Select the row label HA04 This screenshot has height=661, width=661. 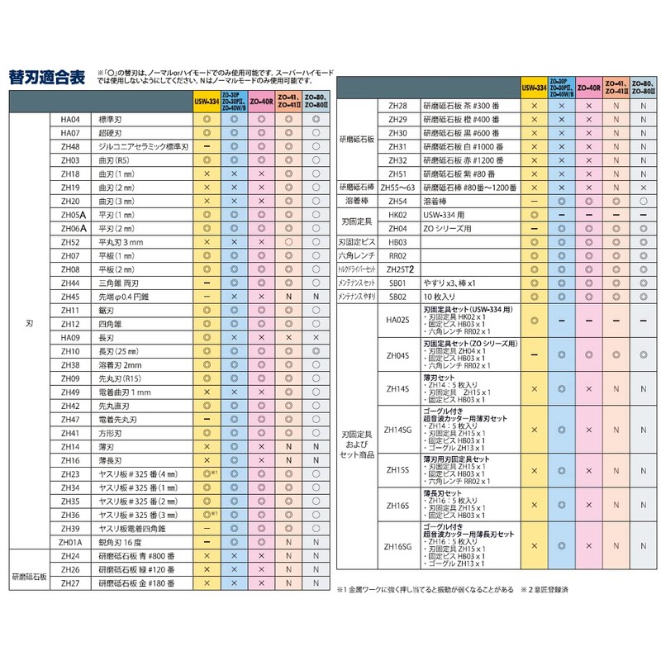(x=69, y=119)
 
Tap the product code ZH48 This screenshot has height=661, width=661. (x=69, y=146)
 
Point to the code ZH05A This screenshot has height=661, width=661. (x=69, y=214)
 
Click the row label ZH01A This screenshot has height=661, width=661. (x=69, y=542)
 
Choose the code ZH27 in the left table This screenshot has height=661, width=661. (x=69, y=583)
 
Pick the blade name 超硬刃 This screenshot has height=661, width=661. (x=111, y=132)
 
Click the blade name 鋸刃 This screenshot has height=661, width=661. (x=107, y=310)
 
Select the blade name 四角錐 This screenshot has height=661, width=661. (x=111, y=324)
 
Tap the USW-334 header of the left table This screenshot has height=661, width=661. (x=207, y=102)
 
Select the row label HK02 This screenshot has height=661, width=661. (x=397, y=214)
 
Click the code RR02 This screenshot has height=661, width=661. (x=397, y=256)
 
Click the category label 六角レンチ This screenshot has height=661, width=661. (x=357, y=256)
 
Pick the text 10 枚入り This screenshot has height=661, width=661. (x=441, y=297)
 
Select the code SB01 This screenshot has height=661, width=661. (x=397, y=283)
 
